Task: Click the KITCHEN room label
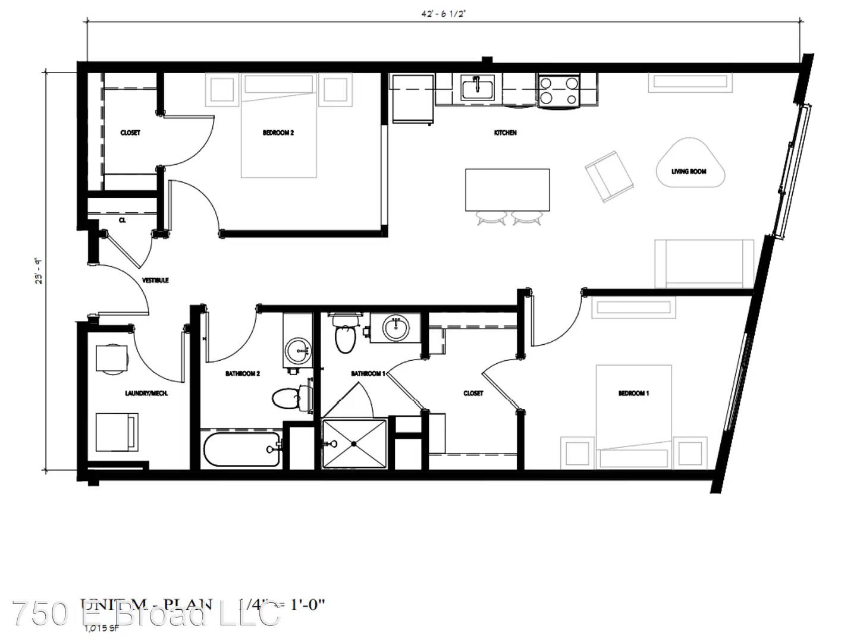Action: click(505, 133)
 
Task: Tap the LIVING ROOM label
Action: click(689, 171)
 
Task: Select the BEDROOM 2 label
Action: click(278, 133)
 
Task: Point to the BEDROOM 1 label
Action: click(633, 393)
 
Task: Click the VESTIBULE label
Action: click(155, 280)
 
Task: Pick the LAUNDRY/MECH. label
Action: click(146, 393)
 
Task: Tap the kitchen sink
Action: click(477, 89)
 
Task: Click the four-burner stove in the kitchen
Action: click(558, 91)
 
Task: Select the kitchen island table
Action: click(507, 190)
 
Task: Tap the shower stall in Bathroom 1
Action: click(354, 443)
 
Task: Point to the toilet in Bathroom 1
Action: click(344, 334)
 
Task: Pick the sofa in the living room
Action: click(704, 264)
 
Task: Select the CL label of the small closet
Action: click(122, 220)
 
